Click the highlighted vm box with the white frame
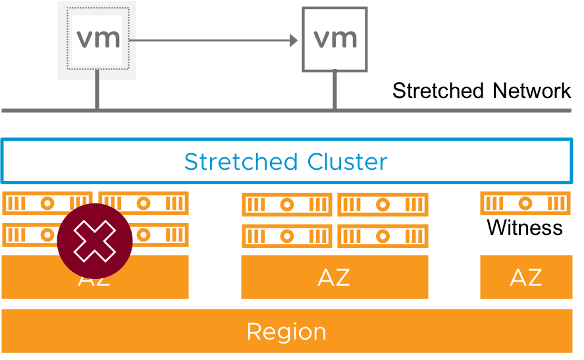click(97, 39)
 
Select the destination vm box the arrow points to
click(334, 39)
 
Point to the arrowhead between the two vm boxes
click(294, 41)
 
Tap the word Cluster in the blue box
click(347, 161)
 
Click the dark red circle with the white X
click(95, 241)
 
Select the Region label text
click(286, 331)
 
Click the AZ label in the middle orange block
click(334, 278)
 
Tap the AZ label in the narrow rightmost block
click(525, 278)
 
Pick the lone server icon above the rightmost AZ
click(525, 203)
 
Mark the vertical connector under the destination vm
click(334, 90)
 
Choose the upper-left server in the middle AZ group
click(287, 205)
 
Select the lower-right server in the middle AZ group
click(383, 236)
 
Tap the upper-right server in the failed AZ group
click(144, 203)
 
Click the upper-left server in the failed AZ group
click(47, 203)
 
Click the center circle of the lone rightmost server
click(525, 203)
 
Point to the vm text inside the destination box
click(335, 38)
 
